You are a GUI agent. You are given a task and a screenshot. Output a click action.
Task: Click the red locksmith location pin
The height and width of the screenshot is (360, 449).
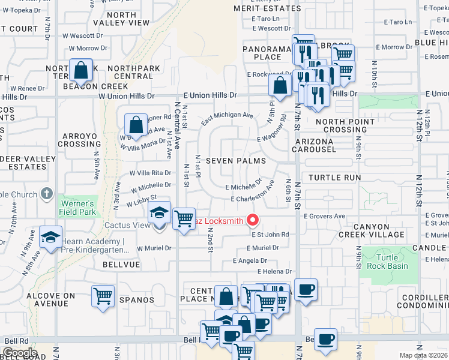pyautogui.click(x=253, y=220)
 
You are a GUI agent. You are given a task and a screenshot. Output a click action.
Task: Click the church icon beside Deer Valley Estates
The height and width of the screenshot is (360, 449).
pyautogui.click(x=47, y=194)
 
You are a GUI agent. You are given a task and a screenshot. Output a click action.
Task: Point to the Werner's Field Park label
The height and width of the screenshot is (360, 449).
pyautogui.click(x=78, y=208)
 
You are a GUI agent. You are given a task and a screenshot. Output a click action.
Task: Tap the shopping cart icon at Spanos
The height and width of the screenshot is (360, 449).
pyautogui.click(x=103, y=296)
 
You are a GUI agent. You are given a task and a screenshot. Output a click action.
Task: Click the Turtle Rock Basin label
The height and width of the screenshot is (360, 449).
pyautogui.click(x=388, y=262)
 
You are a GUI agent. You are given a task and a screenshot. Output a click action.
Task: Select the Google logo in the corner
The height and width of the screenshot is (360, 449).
pyautogui.click(x=20, y=352)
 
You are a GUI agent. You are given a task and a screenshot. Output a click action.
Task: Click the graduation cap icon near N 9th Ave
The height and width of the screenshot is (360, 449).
pyautogui.click(x=51, y=236)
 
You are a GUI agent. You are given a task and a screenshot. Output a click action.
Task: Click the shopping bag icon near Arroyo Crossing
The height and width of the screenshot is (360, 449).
pyautogui.click(x=136, y=125)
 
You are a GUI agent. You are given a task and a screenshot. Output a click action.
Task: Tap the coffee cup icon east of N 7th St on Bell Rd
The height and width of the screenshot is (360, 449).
pyautogui.click(x=325, y=339)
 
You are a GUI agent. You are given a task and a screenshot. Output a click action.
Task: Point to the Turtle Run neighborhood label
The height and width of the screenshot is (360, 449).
pyautogui.click(x=335, y=178)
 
